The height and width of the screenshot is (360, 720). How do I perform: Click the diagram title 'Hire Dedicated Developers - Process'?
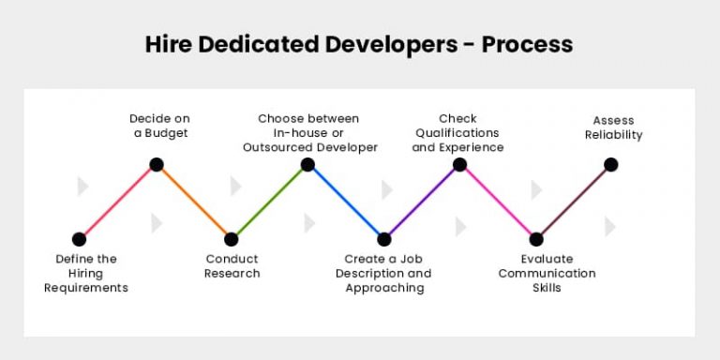[x=359, y=44]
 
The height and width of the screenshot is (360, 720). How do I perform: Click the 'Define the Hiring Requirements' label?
[x=85, y=273]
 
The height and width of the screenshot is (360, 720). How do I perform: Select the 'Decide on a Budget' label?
[x=158, y=126]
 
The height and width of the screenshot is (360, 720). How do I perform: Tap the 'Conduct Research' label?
[x=232, y=266]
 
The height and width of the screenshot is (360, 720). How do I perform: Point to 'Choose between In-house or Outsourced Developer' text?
[x=309, y=133]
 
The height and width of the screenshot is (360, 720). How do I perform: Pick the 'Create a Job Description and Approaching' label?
[x=384, y=273]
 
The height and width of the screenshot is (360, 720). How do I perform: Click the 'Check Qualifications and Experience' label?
[x=457, y=133]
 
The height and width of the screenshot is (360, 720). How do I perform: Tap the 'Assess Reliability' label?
[x=613, y=127]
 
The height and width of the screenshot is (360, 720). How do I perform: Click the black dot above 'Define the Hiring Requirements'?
[x=79, y=239]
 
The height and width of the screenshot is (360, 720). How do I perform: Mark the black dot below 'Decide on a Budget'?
[x=157, y=165]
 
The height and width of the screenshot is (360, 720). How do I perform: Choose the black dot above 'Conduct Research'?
[x=232, y=239]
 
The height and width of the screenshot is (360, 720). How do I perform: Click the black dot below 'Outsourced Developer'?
[x=307, y=165]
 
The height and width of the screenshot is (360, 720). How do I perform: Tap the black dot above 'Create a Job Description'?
[x=384, y=239]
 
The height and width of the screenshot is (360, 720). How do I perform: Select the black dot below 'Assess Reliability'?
[x=611, y=165]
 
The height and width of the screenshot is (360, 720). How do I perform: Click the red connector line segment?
[x=117, y=202]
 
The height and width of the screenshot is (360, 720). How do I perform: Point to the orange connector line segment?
[x=194, y=202]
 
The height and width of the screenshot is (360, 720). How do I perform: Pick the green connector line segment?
[x=270, y=202]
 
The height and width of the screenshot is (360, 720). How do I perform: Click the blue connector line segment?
[x=346, y=202]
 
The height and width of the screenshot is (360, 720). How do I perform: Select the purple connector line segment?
[x=422, y=202]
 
